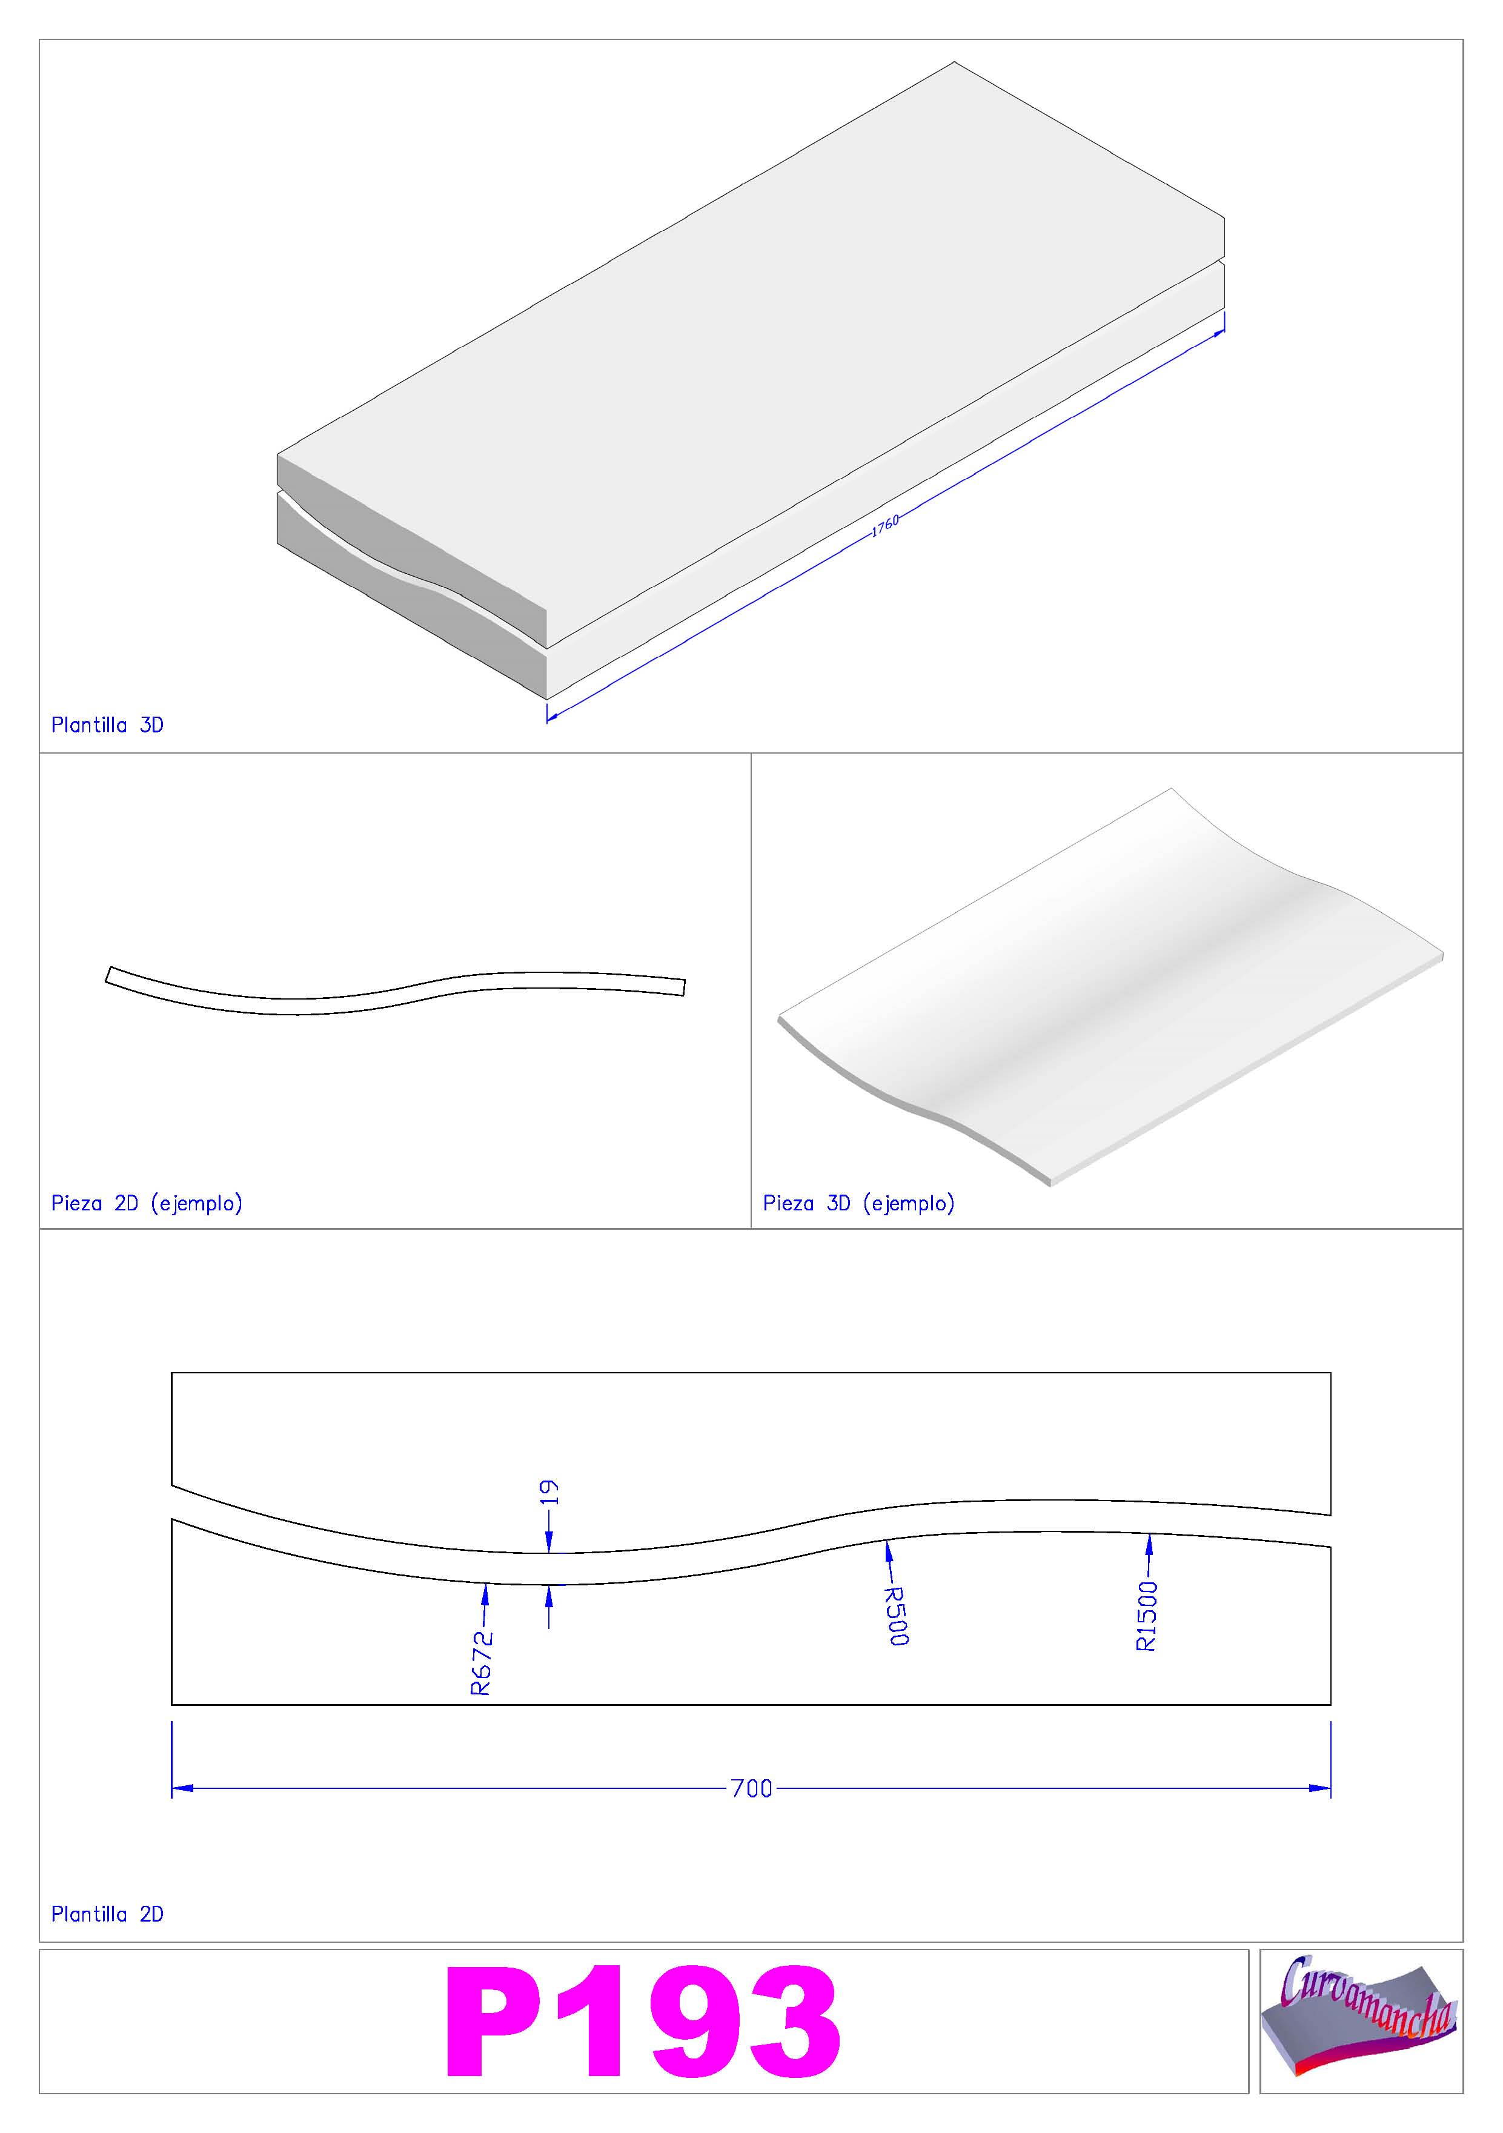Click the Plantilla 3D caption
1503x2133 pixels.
(x=108, y=726)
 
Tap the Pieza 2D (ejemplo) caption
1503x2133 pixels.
(x=147, y=1203)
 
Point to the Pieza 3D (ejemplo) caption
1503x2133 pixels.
(x=859, y=1203)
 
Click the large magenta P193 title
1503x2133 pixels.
(x=643, y=2023)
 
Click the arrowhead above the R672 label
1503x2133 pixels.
(x=484, y=1594)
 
